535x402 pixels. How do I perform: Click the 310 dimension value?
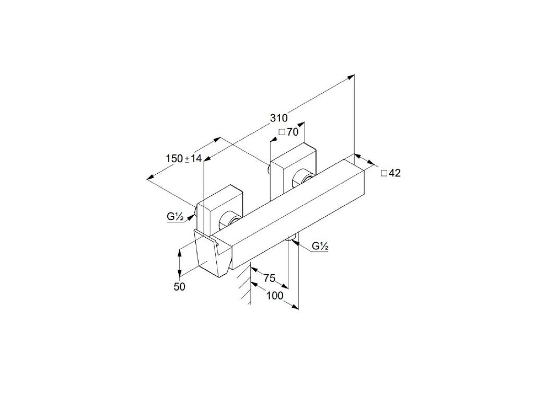[279, 118]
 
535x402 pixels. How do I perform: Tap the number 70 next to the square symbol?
[292, 132]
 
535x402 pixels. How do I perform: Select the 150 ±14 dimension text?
[183, 158]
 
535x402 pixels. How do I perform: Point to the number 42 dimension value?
[394, 173]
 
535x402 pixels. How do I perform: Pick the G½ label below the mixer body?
[319, 246]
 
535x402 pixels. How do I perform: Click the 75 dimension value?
[270, 278]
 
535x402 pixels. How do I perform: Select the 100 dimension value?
[274, 296]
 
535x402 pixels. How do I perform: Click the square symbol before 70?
[282, 133]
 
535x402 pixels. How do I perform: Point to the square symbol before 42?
[384, 174]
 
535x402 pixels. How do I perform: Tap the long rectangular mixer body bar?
[293, 209]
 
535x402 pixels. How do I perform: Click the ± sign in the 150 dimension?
[187, 159]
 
